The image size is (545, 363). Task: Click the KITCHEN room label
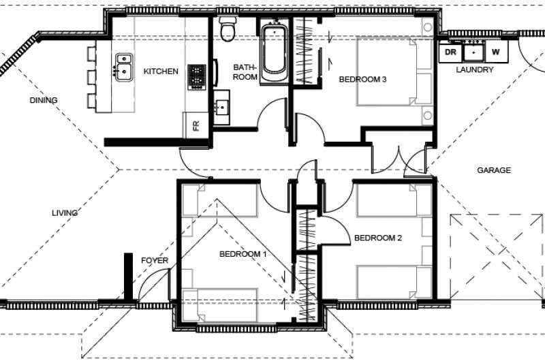coord(161,71)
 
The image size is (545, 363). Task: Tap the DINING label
coord(43,100)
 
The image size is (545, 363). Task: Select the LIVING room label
coord(65,213)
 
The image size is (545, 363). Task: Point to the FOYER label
coord(155,261)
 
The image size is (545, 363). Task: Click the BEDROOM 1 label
coord(243,254)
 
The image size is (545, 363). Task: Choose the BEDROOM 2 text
coord(378,238)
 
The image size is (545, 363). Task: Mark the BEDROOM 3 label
coord(363,80)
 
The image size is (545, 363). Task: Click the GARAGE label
coord(494,170)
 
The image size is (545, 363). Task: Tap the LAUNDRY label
coord(475,69)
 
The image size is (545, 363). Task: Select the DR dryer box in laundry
coord(450,52)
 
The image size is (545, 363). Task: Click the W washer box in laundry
coord(495,52)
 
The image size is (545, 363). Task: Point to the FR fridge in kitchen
coord(196,125)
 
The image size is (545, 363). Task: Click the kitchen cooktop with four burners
coord(197,76)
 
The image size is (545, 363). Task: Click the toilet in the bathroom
coord(228,29)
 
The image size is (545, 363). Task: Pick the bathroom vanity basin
coord(223,108)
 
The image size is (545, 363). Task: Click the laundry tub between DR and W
coord(473,52)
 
